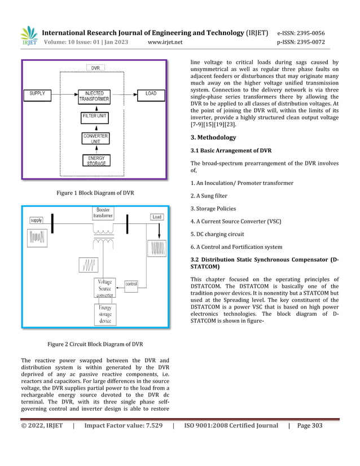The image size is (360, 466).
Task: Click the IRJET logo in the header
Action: pos(29,36)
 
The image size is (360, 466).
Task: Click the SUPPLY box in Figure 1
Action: pos(37,93)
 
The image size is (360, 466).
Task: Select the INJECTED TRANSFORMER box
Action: pos(94,96)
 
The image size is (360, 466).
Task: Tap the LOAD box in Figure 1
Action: pos(151,93)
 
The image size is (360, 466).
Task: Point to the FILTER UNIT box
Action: pos(95,116)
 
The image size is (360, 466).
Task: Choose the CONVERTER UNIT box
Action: pos(95,138)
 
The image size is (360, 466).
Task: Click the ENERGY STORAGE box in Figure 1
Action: pos(95,160)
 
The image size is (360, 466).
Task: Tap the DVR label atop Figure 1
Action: pos(95,68)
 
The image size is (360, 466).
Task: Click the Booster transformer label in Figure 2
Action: pos(103,213)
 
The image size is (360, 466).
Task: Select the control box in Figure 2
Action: pos(130,283)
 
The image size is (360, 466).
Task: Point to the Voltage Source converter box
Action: pos(105,288)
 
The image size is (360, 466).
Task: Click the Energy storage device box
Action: pos(105,314)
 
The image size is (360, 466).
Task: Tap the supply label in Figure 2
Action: pos(36,220)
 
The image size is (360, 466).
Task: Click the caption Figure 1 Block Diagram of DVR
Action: pos(95,193)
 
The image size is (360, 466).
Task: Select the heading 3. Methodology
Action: pos(213,137)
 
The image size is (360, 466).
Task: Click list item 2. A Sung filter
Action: pos(217,196)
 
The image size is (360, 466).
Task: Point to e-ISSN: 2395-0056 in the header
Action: pos(301,33)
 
